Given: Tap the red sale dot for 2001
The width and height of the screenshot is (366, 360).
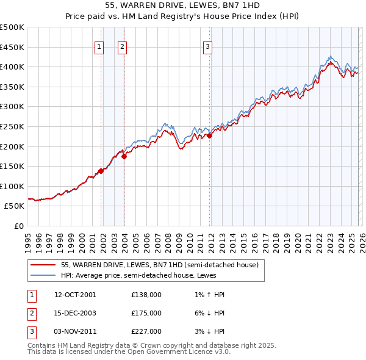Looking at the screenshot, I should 101,171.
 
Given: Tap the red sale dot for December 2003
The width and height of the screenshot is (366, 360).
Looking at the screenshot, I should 124,156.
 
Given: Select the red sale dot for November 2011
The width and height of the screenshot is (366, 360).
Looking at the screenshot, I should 209,135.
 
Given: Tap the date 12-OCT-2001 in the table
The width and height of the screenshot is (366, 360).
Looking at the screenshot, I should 75,295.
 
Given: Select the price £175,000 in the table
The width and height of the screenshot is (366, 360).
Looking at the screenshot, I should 146,313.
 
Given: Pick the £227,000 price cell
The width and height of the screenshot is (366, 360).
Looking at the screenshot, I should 146,331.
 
